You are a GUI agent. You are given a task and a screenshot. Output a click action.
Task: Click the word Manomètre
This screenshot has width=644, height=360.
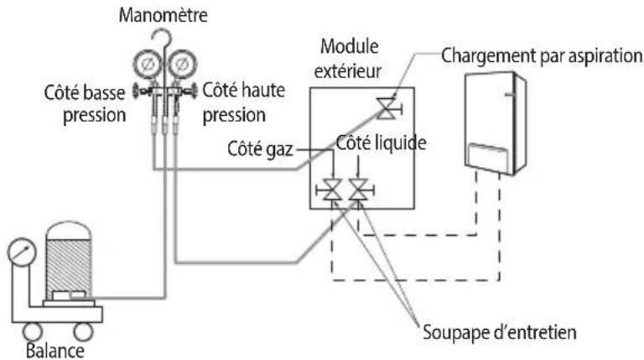coord(163,15)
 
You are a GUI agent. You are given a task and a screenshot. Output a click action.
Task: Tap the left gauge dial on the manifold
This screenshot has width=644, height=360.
coord(148,64)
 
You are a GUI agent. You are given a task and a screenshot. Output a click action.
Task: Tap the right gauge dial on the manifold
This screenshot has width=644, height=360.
coord(182,64)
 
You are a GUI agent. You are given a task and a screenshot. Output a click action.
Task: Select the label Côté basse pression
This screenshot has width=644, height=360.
coord(85,103)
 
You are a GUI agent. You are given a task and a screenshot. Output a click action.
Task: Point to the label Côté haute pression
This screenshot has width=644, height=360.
coord(243,102)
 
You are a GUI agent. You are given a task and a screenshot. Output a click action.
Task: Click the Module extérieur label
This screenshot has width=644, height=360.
coord(348,59)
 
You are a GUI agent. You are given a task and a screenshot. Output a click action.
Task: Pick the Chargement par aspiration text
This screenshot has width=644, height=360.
coord(542,55)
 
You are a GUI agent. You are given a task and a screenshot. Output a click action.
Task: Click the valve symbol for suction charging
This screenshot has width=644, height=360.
coord(387,109)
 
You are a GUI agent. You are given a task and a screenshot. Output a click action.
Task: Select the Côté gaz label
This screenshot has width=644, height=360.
coord(260,149)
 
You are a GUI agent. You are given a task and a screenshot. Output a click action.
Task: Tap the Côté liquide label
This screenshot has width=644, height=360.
coord(382,143)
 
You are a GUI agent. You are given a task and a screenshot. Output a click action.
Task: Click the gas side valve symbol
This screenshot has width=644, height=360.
coord(330,190)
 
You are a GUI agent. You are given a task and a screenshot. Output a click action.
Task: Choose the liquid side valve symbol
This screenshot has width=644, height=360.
coord(360,190)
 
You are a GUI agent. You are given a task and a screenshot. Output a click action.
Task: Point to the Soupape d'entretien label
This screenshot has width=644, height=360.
coord(500,332)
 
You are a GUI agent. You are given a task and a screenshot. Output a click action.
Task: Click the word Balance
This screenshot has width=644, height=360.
coord(55,351)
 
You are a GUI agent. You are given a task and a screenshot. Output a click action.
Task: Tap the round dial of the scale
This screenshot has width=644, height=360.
coord(22,253)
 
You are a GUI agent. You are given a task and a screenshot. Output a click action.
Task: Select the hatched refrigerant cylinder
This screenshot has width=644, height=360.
coord(68,259)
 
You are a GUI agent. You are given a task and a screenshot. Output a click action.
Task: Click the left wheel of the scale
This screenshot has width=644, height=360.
coord(33,331)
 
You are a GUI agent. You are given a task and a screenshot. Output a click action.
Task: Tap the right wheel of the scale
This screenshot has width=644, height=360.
coord(83,331)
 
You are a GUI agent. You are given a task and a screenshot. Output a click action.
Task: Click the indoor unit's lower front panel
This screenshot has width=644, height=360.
coord(489,157)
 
